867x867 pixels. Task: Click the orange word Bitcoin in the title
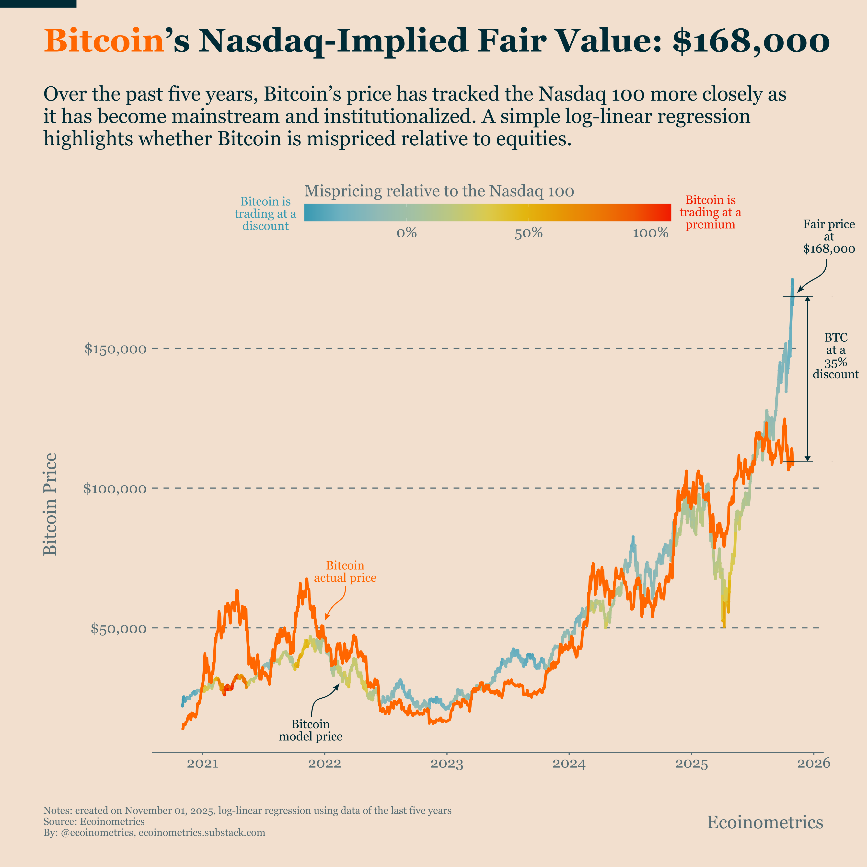[104, 41]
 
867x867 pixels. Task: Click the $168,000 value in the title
[751, 41]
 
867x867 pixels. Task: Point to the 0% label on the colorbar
[406, 233]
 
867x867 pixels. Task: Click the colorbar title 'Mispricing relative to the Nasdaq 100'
[439, 191]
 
